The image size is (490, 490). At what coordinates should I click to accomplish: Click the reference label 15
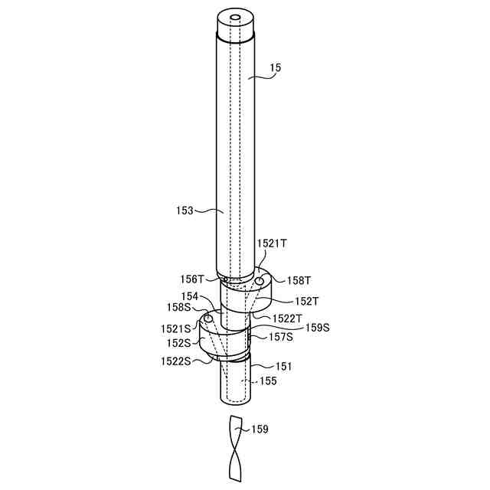(276, 68)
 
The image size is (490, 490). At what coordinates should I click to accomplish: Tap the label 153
(185, 211)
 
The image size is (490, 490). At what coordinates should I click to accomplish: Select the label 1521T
(272, 243)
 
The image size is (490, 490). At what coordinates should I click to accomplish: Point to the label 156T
(192, 279)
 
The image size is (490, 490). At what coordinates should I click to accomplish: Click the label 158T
(299, 280)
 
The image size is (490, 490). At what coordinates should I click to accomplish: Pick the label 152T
(307, 301)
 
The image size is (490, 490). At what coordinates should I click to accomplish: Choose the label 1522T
(287, 318)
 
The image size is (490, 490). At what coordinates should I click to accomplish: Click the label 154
(190, 296)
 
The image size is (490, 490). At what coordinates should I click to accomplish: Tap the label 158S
(178, 307)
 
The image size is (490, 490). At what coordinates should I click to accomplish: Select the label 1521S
(175, 328)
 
